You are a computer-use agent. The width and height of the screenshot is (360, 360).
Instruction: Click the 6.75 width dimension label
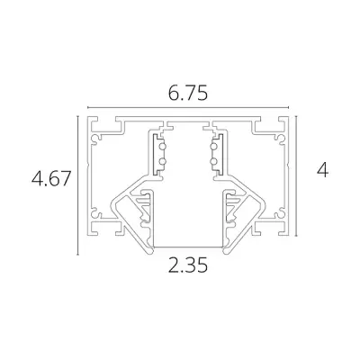[186, 91]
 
